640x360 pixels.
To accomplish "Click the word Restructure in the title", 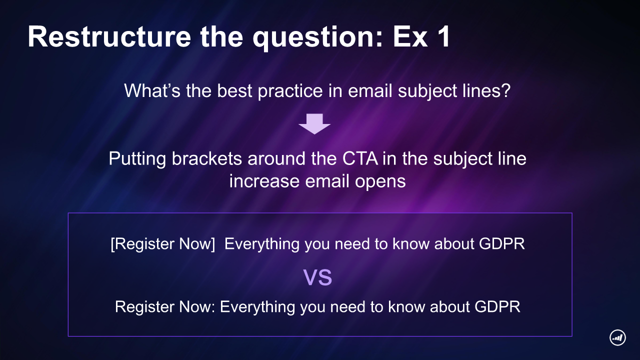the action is [x=109, y=36].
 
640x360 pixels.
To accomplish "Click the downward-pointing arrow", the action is [x=314, y=123].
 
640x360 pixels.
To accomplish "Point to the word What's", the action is [x=152, y=90].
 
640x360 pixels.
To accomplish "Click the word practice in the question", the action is [x=290, y=91].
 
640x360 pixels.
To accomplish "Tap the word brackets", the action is [x=207, y=158].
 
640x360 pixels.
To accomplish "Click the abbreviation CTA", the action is [x=360, y=158].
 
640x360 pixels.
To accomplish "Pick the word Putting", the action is [x=137, y=159].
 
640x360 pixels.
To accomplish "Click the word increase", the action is [x=264, y=181].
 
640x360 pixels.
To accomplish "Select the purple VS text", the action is [x=317, y=277].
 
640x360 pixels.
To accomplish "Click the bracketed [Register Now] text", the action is [x=162, y=243].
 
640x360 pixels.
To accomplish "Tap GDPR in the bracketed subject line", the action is [x=501, y=243].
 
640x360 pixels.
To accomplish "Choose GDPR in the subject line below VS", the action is [x=497, y=306].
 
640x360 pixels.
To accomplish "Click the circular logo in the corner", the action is [x=617, y=337].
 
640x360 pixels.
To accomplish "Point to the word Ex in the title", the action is [x=410, y=36].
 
